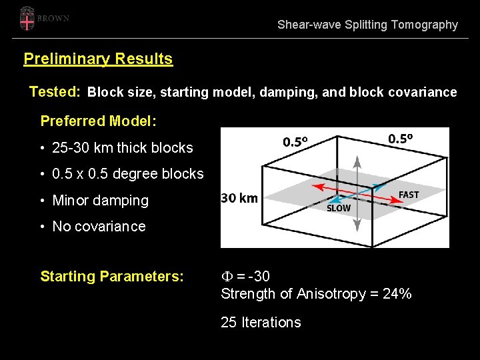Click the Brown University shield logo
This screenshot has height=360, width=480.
[x=27, y=19]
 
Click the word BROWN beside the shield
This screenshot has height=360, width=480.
[x=53, y=19]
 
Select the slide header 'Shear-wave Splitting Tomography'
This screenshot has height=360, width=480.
[x=367, y=25]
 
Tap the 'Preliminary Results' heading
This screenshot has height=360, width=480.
[x=98, y=59]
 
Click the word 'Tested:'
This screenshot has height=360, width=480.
[x=55, y=92]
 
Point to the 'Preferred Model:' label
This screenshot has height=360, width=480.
[x=99, y=121]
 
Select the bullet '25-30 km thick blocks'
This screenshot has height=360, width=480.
[x=122, y=148]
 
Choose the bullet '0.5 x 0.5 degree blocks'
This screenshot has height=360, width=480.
[x=127, y=174]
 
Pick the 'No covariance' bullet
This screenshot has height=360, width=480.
[x=99, y=227]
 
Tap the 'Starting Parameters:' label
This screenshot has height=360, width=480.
[x=112, y=276]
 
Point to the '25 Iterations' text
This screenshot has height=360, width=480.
[x=261, y=323]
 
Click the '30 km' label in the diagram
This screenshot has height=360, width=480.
[x=239, y=198]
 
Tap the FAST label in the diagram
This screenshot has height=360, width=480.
[x=409, y=195]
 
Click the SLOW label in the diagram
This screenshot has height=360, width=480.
[x=339, y=209]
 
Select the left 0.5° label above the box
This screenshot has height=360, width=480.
[x=296, y=141]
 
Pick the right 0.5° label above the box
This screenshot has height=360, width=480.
[x=401, y=138]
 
